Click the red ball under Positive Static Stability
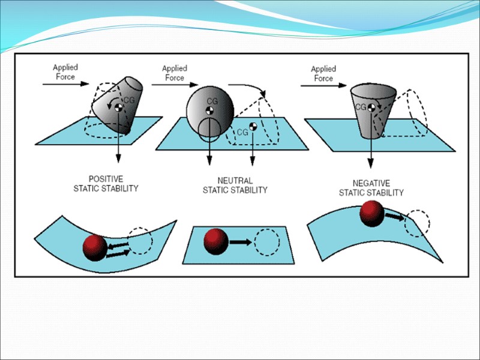[x=94, y=246]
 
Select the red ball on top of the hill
[x=371, y=214]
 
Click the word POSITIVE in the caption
[x=106, y=179]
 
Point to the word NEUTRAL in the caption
[x=235, y=181]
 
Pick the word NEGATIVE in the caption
[x=371, y=184]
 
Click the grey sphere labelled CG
[x=210, y=107]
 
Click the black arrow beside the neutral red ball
[x=240, y=242]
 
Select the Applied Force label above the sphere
[x=174, y=73]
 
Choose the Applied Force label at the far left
[x=65, y=72]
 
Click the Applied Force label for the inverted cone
[x=323, y=74]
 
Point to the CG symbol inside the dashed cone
[x=253, y=127]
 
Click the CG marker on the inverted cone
[x=371, y=107]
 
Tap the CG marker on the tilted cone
[x=119, y=106]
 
